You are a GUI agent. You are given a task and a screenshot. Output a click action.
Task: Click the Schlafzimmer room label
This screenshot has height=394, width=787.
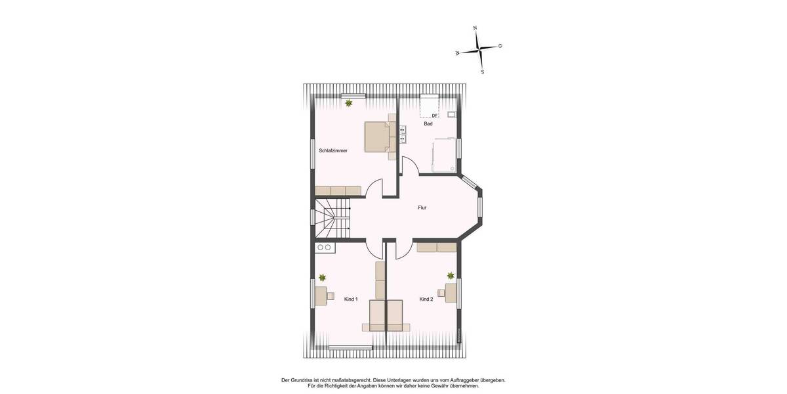[x=333, y=150]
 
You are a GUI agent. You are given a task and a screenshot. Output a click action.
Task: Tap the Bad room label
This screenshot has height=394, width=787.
[x=428, y=123]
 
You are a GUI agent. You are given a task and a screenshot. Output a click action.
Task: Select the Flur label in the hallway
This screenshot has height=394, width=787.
[x=422, y=208]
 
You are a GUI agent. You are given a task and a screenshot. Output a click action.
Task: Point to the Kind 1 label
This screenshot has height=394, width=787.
[x=351, y=299]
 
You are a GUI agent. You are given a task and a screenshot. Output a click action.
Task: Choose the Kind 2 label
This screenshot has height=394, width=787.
[x=426, y=299]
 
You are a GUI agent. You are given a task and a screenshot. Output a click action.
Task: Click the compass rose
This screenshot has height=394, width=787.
[x=479, y=49]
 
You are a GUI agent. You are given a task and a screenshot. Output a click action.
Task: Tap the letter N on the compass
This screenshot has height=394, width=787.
[x=475, y=28]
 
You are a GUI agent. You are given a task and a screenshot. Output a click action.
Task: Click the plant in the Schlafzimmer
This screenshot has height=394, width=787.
[x=349, y=103]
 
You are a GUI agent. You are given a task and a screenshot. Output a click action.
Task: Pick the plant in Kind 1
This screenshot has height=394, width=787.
[x=322, y=278]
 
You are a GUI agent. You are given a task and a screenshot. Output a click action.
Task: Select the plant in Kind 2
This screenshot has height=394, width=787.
[x=451, y=276]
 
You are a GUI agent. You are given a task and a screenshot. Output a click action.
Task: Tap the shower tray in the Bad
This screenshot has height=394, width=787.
[x=444, y=155]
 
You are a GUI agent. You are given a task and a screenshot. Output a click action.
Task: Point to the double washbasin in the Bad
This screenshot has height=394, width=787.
[x=402, y=134]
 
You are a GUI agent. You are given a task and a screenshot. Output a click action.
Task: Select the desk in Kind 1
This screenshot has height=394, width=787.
[x=320, y=295]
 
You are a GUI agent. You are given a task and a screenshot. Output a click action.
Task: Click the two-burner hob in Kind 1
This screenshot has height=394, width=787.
[x=324, y=248]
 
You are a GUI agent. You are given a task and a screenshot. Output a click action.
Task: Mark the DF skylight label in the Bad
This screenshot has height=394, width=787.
[x=434, y=116]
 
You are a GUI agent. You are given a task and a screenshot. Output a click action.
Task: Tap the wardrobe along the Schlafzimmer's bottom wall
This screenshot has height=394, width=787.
[x=338, y=190]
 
